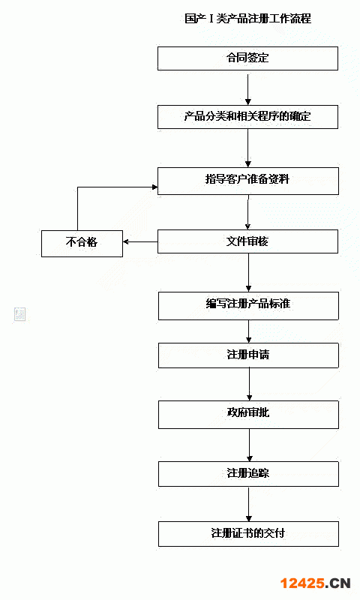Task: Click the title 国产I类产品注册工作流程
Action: [247, 18]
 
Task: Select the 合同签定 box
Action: [248, 58]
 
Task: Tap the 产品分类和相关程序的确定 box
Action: [248, 117]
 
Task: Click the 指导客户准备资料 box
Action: [248, 181]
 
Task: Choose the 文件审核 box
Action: [248, 241]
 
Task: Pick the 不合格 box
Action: [82, 243]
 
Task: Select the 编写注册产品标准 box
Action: [248, 306]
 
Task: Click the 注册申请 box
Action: [248, 355]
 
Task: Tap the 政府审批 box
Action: [248, 415]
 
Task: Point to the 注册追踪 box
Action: [248, 474]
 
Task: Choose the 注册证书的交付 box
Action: [248, 533]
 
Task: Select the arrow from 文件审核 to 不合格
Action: [140, 241]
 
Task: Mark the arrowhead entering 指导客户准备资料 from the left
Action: [155, 187]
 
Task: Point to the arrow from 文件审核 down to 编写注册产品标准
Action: [248, 272]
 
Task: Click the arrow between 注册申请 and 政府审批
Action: [249, 384]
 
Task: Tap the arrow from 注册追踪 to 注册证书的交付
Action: [249, 503]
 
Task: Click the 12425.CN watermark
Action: [315, 583]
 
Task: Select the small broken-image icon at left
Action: [20, 313]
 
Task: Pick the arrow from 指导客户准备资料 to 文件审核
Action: [248, 212]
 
